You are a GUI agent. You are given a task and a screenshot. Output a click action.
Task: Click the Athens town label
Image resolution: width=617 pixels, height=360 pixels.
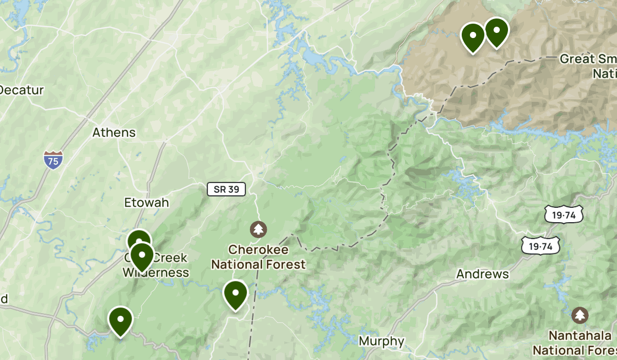pyautogui.click(x=114, y=132)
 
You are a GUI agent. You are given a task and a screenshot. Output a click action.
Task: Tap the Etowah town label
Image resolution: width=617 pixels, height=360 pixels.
pyautogui.click(x=147, y=203)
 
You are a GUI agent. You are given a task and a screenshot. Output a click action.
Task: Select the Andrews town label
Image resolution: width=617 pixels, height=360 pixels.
pyautogui.click(x=482, y=274)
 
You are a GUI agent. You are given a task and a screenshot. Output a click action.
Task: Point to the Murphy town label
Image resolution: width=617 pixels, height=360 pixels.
pyautogui.click(x=381, y=341)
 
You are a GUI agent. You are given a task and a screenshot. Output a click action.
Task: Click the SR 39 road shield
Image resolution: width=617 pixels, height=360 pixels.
pyautogui.click(x=226, y=189)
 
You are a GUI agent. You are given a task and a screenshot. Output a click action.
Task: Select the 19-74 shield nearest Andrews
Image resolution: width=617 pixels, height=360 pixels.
pyautogui.click(x=539, y=246)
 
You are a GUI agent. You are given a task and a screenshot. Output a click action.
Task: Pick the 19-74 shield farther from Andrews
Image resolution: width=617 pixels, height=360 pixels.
pyautogui.click(x=564, y=215)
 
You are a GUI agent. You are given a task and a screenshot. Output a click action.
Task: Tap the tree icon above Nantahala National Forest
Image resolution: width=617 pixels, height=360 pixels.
pyautogui.click(x=580, y=314)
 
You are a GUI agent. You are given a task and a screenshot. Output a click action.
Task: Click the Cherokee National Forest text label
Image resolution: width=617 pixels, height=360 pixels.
pyautogui.click(x=259, y=257)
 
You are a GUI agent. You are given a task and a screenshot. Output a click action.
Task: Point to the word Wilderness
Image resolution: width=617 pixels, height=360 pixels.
pyautogui.click(x=156, y=272)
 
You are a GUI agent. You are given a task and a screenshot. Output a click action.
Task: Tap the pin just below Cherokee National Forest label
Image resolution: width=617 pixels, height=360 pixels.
pyautogui.click(x=235, y=294)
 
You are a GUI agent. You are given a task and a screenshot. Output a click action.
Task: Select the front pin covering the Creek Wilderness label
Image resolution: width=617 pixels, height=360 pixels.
pyautogui.click(x=142, y=255)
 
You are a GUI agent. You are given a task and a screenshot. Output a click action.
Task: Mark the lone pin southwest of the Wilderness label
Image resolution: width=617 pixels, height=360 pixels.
pyautogui.click(x=120, y=320)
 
